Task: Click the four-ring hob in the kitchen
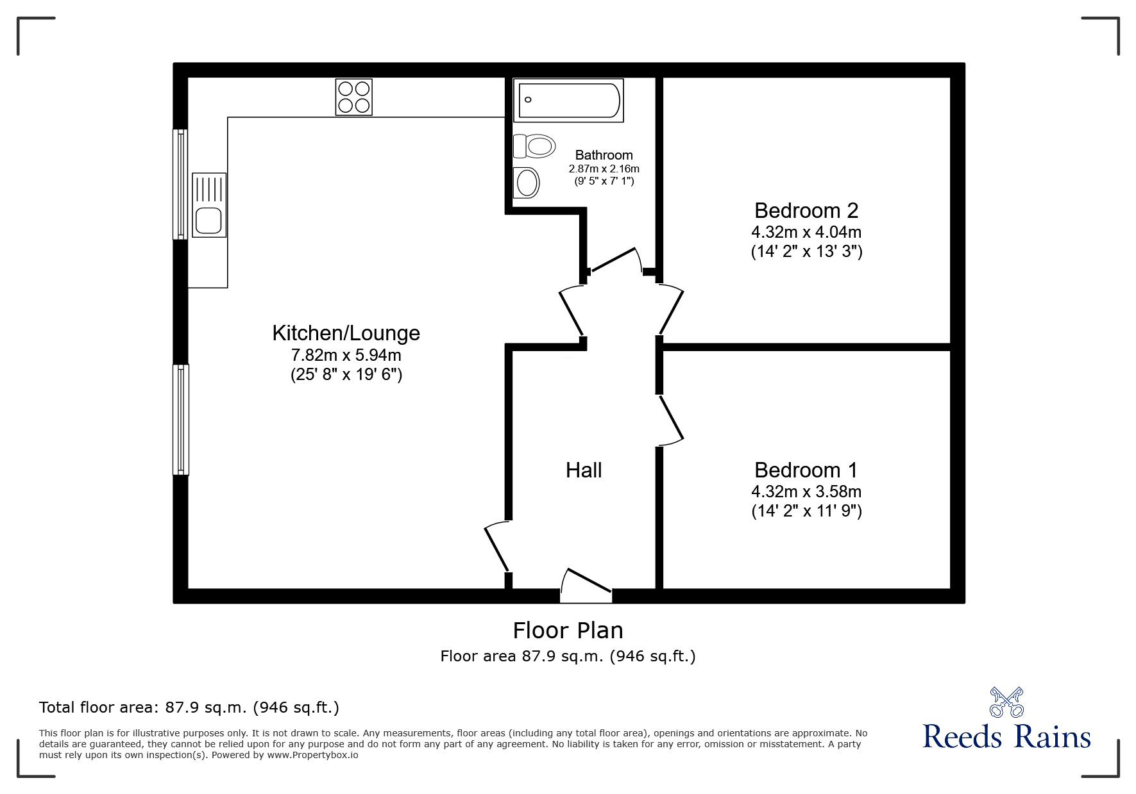tap(353, 97)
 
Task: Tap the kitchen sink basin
tap(209, 220)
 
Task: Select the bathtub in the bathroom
tap(568, 100)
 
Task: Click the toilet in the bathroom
tap(534, 146)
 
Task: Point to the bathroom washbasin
tap(527, 183)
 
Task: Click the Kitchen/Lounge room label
tap(346, 333)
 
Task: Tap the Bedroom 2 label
tap(806, 210)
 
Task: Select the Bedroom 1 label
tap(806, 470)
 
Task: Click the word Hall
tap(584, 470)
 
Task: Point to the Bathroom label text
tap(604, 155)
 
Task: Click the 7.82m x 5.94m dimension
tap(346, 354)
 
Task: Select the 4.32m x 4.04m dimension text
tap(806, 231)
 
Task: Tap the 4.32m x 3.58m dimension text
tap(806, 492)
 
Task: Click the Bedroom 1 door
tap(670, 420)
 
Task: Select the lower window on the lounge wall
tap(182, 420)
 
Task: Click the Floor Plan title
tap(568, 631)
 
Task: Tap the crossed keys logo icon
tap(1006, 702)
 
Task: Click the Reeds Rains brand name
tap(1006, 737)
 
